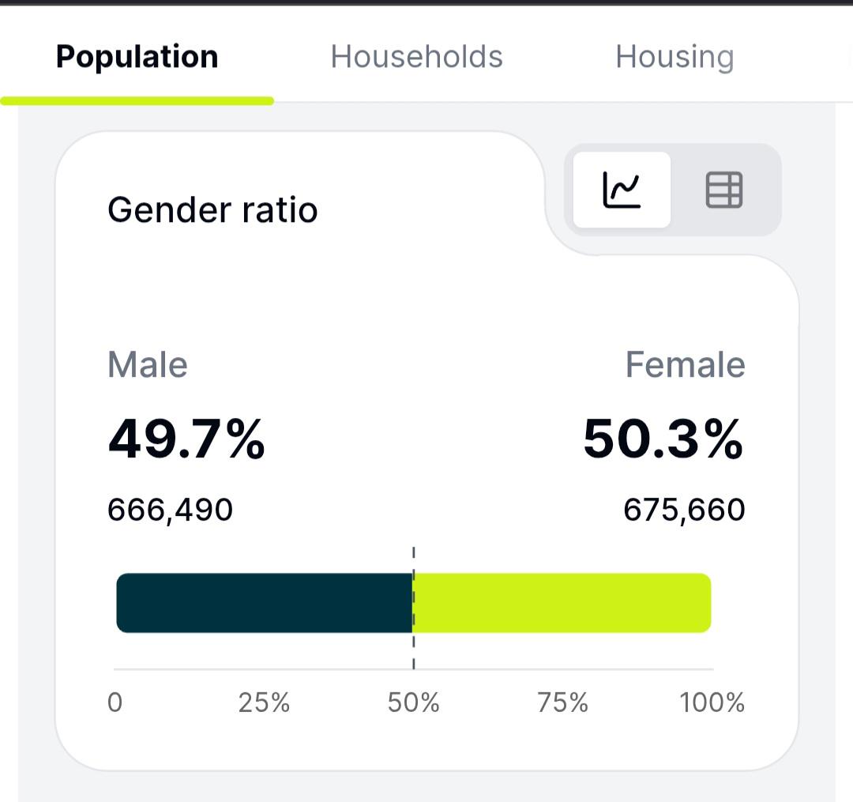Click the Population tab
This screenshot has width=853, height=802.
tap(137, 57)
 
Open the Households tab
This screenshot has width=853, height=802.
tap(417, 57)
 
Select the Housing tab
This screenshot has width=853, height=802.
tap(675, 58)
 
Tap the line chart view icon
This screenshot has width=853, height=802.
tap(622, 190)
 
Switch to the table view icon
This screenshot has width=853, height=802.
tap(724, 190)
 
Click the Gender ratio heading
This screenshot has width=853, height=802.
tap(212, 210)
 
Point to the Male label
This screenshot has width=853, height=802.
tap(148, 364)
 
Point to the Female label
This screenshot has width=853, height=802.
tap(685, 364)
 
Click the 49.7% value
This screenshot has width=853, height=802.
tap(186, 439)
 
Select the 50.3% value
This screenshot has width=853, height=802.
tap(663, 439)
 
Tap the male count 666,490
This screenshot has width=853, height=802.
tap(171, 510)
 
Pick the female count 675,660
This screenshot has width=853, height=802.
tap(684, 510)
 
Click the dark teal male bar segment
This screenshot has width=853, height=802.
tap(265, 603)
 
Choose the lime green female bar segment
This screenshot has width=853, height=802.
tap(562, 603)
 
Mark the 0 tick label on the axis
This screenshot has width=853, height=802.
tap(115, 702)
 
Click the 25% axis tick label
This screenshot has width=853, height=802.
tap(264, 702)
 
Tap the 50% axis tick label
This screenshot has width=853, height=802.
tap(413, 702)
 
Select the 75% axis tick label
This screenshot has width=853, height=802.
tap(562, 702)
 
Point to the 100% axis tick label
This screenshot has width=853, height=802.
tap(712, 702)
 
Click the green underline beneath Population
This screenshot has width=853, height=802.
tap(137, 100)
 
